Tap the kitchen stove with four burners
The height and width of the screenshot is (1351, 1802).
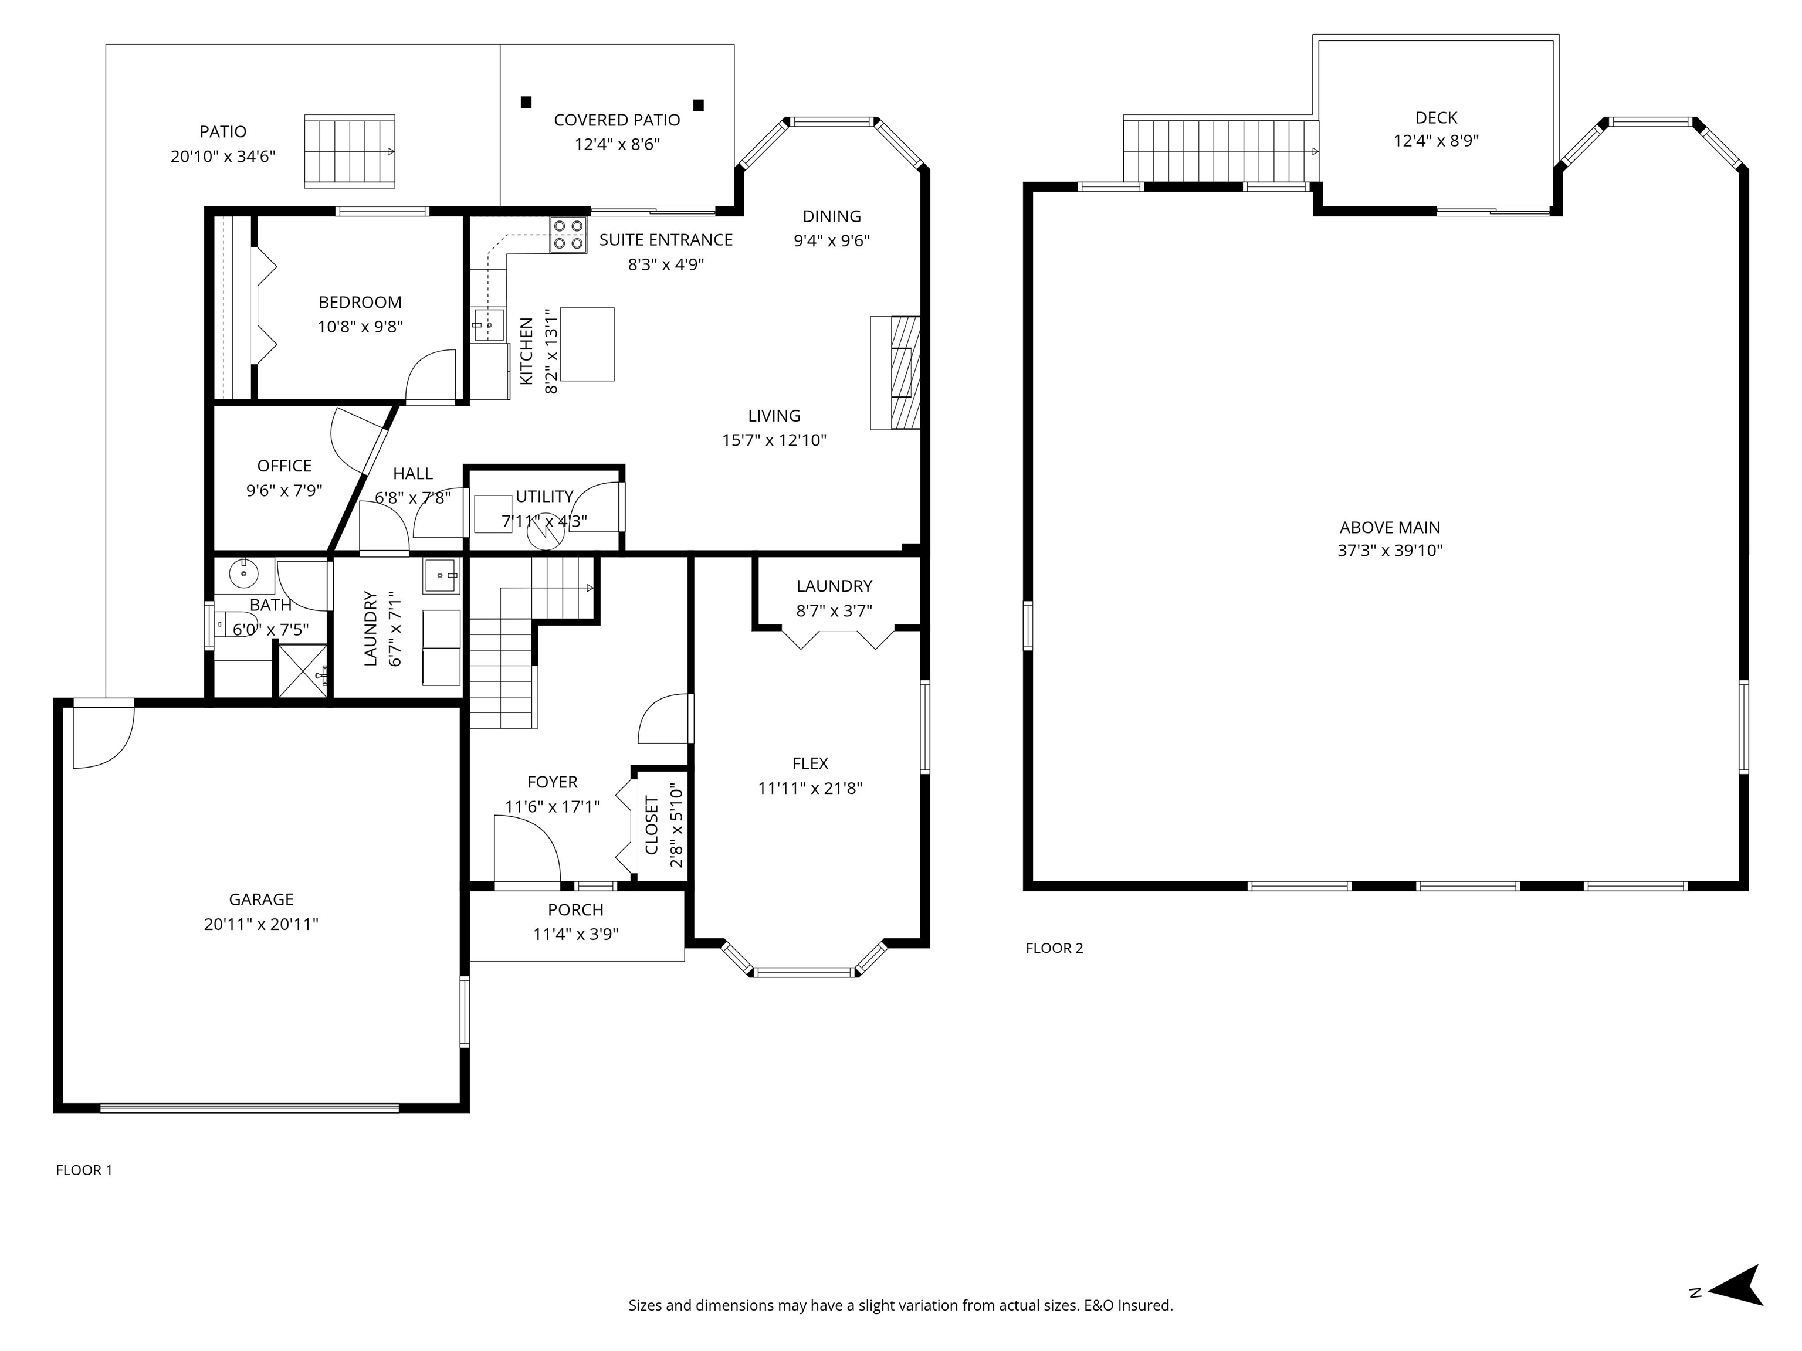(x=568, y=235)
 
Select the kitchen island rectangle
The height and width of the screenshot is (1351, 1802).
(x=587, y=344)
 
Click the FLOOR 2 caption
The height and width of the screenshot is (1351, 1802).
(x=1054, y=948)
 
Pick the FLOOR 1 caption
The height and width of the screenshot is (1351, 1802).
(x=84, y=1170)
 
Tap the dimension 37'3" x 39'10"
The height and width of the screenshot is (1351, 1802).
(x=1390, y=551)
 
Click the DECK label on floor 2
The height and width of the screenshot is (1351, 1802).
(x=1436, y=118)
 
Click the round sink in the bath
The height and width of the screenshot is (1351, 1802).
(x=243, y=573)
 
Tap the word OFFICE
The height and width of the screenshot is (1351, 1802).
(x=284, y=466)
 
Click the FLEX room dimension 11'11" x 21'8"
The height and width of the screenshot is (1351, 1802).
(x=809, y=788)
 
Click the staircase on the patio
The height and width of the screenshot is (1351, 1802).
(x=350, y=151)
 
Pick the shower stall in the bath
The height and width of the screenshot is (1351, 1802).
(x=303, y=670)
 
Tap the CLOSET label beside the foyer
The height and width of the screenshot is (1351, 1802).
(x=652, y=825)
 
